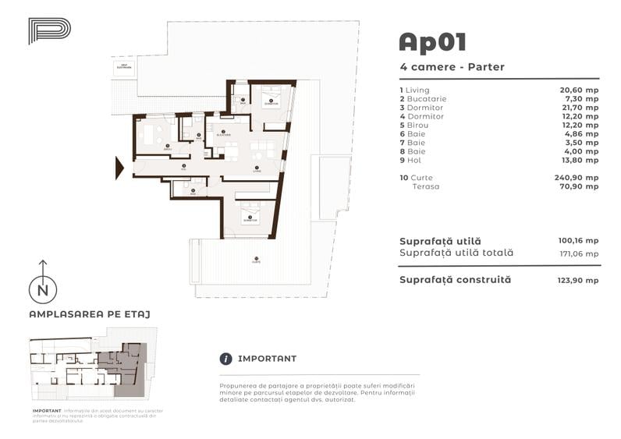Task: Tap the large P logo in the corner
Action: click(x=49, y=30)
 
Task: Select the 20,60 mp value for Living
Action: click(x=581, y=90)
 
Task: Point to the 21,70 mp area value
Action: click(x=581, y=108)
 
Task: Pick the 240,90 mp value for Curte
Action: click(x=580, y=178)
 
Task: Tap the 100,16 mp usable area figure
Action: click(x=580, y=241)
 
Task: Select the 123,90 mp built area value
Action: click(x=580, y=280)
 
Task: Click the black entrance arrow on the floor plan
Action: click(x=120, y=167)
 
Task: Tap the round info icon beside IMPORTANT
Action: click(x=226, y=359)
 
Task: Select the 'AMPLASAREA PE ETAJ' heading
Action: click(x=89, y=314)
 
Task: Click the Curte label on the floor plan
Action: click(x=255, y=261)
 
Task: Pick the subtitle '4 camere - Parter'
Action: click(x=451, y=67)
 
